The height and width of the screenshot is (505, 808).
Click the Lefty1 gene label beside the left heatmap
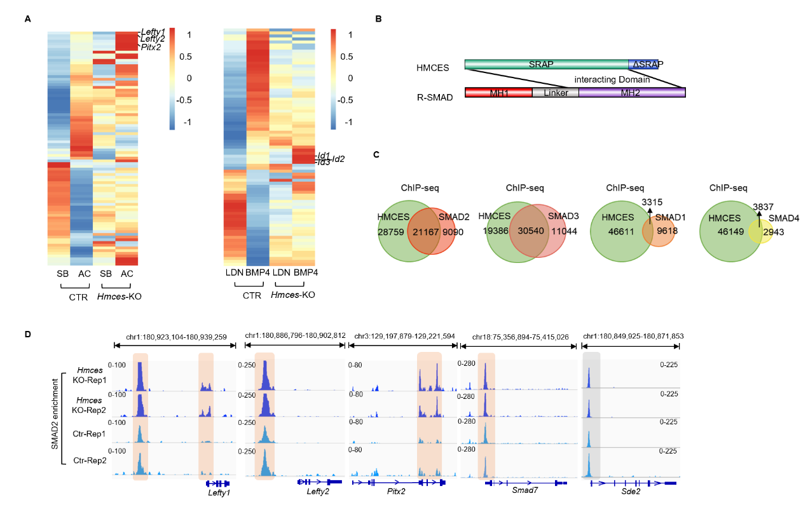(x=153, y=31)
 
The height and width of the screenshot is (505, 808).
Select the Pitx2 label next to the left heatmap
(x=151, y=47)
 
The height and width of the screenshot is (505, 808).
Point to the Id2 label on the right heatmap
(x=338, y=158)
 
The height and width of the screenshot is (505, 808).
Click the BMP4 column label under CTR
(x=257, y=273)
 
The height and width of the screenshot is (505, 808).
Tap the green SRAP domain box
(x=546, y=65)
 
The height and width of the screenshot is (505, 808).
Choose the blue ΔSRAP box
(x=643, y=65)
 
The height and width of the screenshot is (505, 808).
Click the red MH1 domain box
(x=498, y=93)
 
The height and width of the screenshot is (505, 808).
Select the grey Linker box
(x=555, y=93)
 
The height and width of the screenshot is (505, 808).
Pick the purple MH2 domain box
(x=632, y=93)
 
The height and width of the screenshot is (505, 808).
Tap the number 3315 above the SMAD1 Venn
(x=654, y=202)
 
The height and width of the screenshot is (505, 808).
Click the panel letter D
(x=27, y=333)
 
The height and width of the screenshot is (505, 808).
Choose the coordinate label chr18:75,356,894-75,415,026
(x=517, y=335)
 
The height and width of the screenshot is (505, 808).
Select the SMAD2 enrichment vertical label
(x=55, y=417)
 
